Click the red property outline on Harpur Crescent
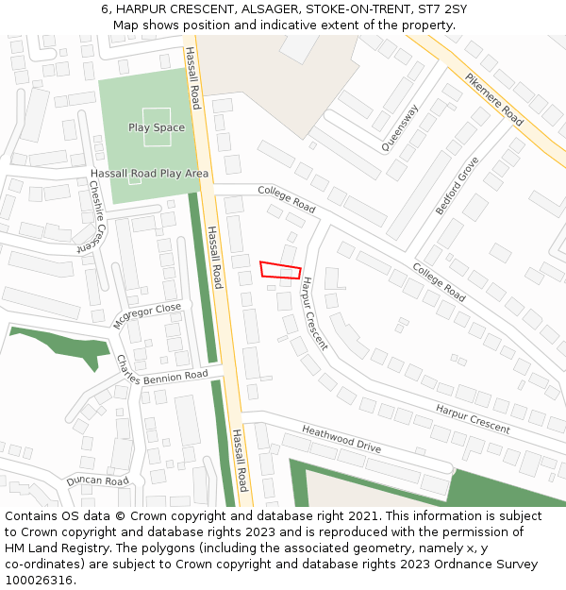tap(280, 269)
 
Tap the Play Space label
tap(157, 127)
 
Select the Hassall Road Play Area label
tap(149, 174)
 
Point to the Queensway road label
tap(399, 127)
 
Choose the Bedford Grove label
tap(457, 186)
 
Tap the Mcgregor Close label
tap(146, 315)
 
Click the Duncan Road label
tap(97, 481)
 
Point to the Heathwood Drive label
tap(341, 439)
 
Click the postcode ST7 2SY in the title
tap(443, 9)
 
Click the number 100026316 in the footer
tap(39, 580)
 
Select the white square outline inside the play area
tap(157, 126)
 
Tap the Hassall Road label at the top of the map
tap(192, 77)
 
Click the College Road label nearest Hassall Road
tap(287, 199)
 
